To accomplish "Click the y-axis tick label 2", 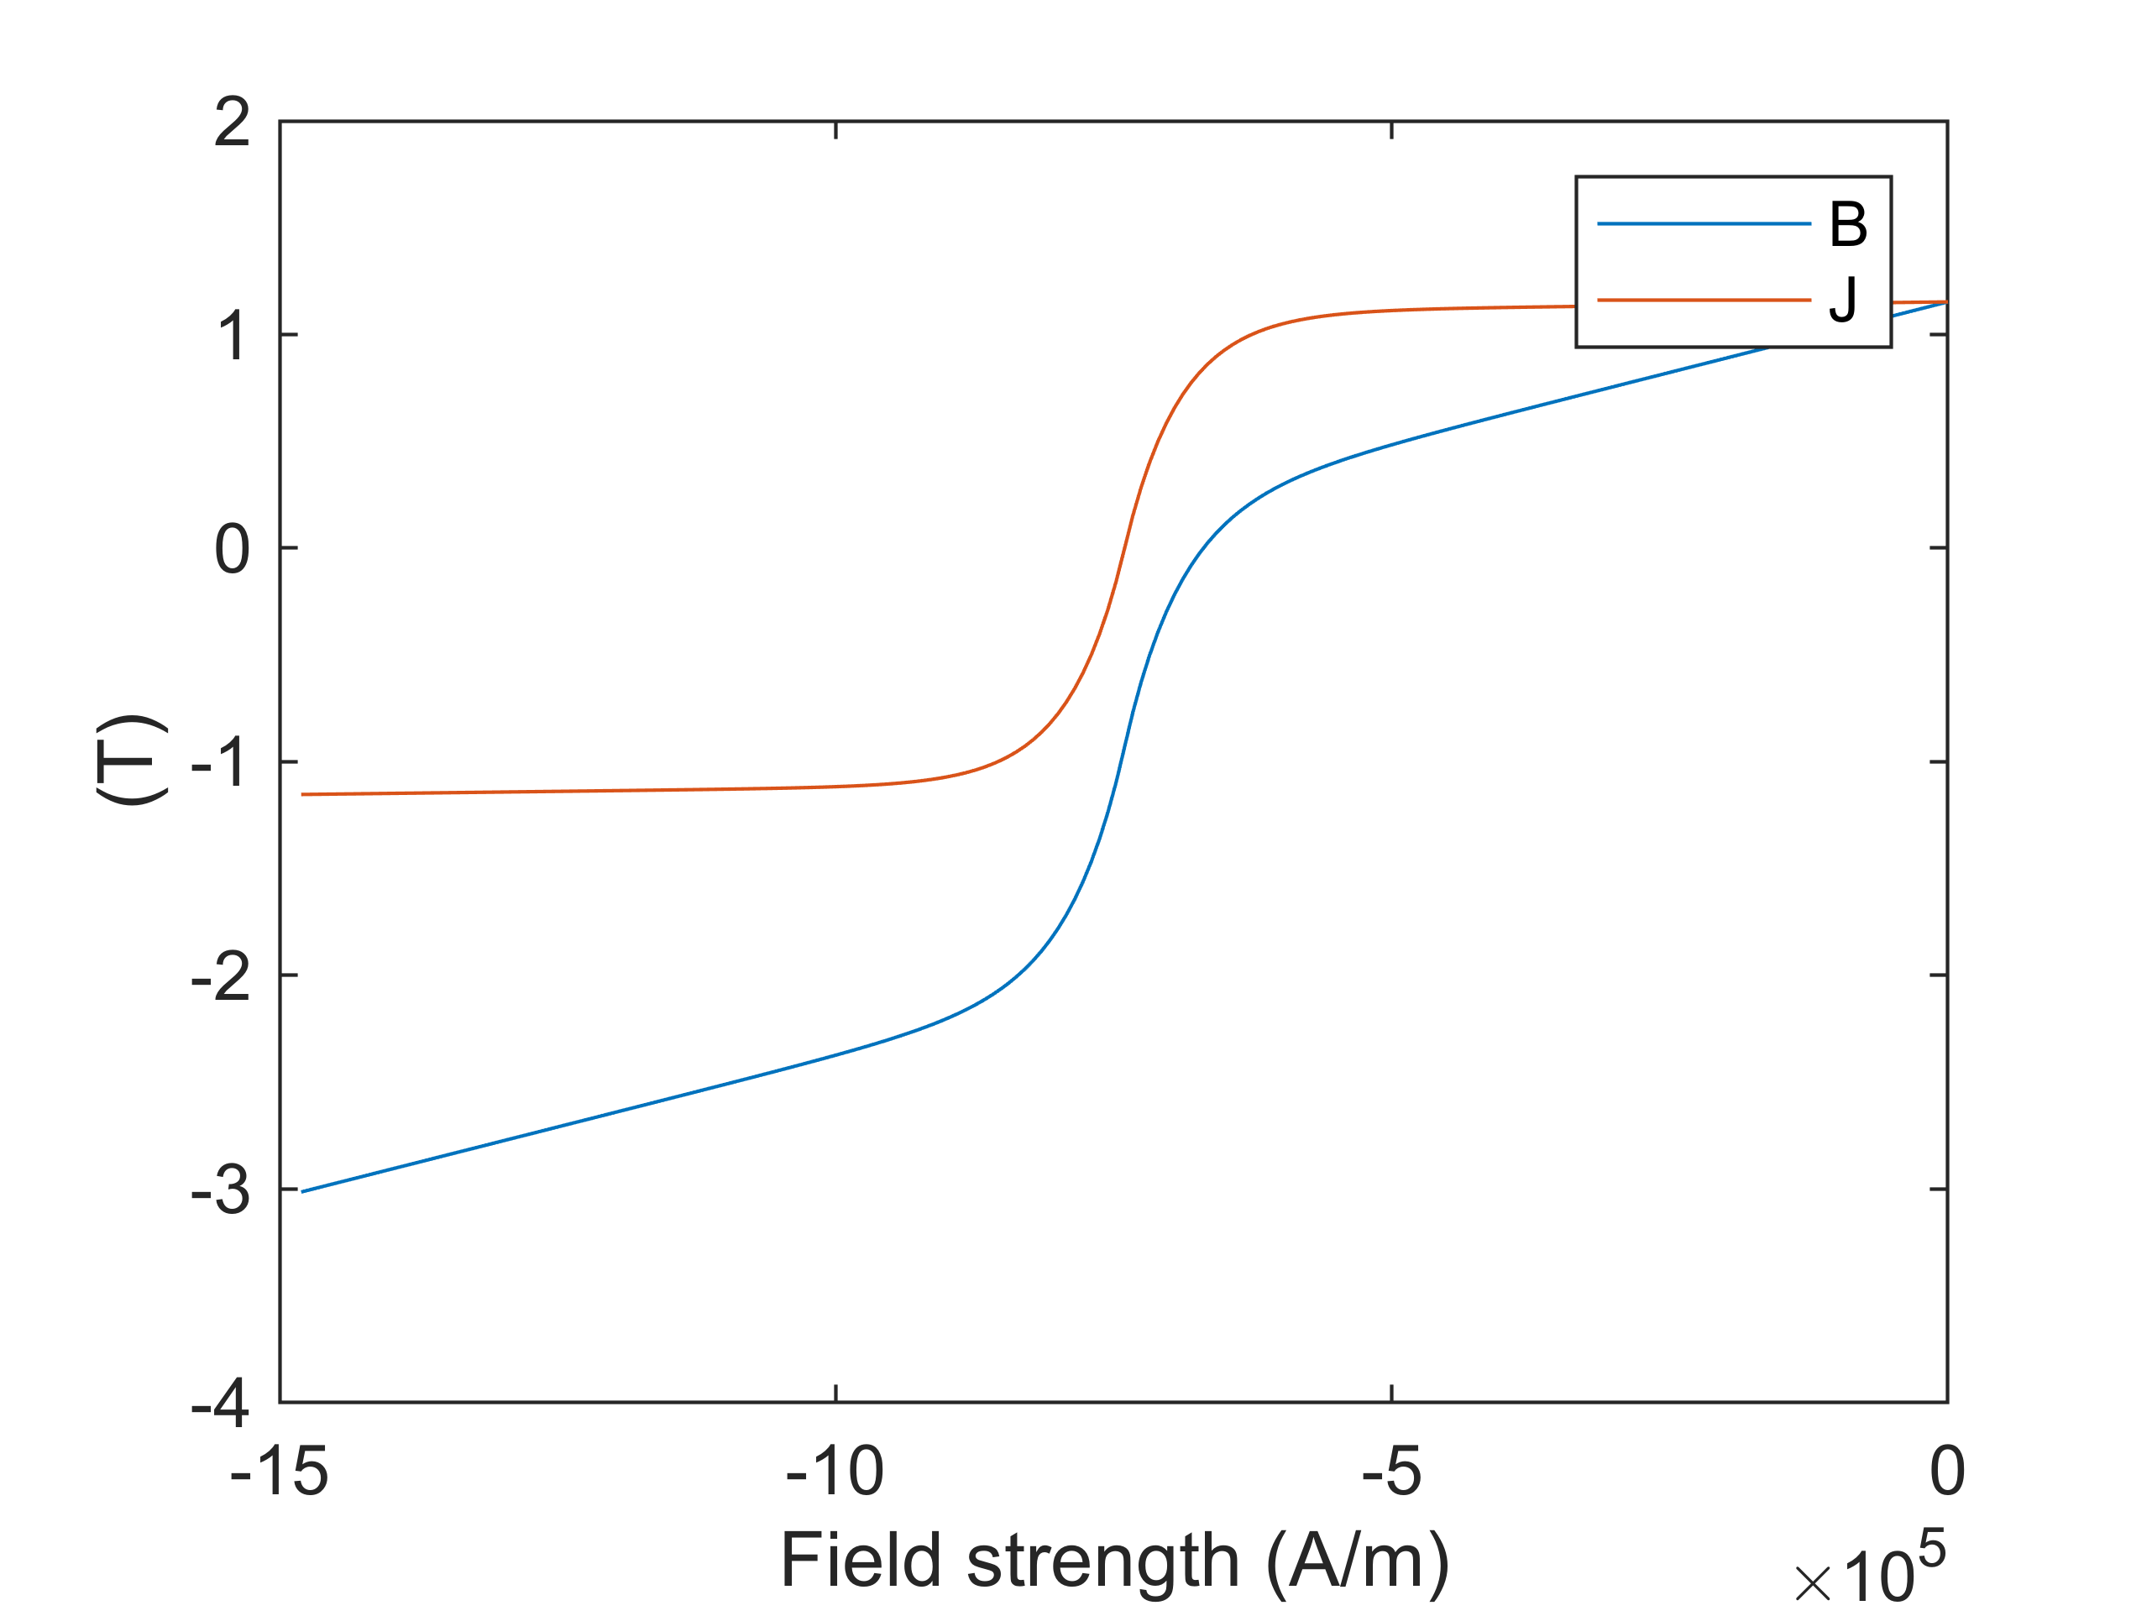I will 233,123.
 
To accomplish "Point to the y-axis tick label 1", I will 233,336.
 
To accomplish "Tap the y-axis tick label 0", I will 233,549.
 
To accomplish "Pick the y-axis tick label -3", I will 221,1189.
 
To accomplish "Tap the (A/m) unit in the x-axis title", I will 1357,1561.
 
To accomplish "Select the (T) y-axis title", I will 131,760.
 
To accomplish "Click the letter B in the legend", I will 1847,225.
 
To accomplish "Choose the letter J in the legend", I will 1843,300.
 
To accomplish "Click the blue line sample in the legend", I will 1704,225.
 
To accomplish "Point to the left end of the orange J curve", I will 302,795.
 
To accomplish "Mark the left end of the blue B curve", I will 302,1192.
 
